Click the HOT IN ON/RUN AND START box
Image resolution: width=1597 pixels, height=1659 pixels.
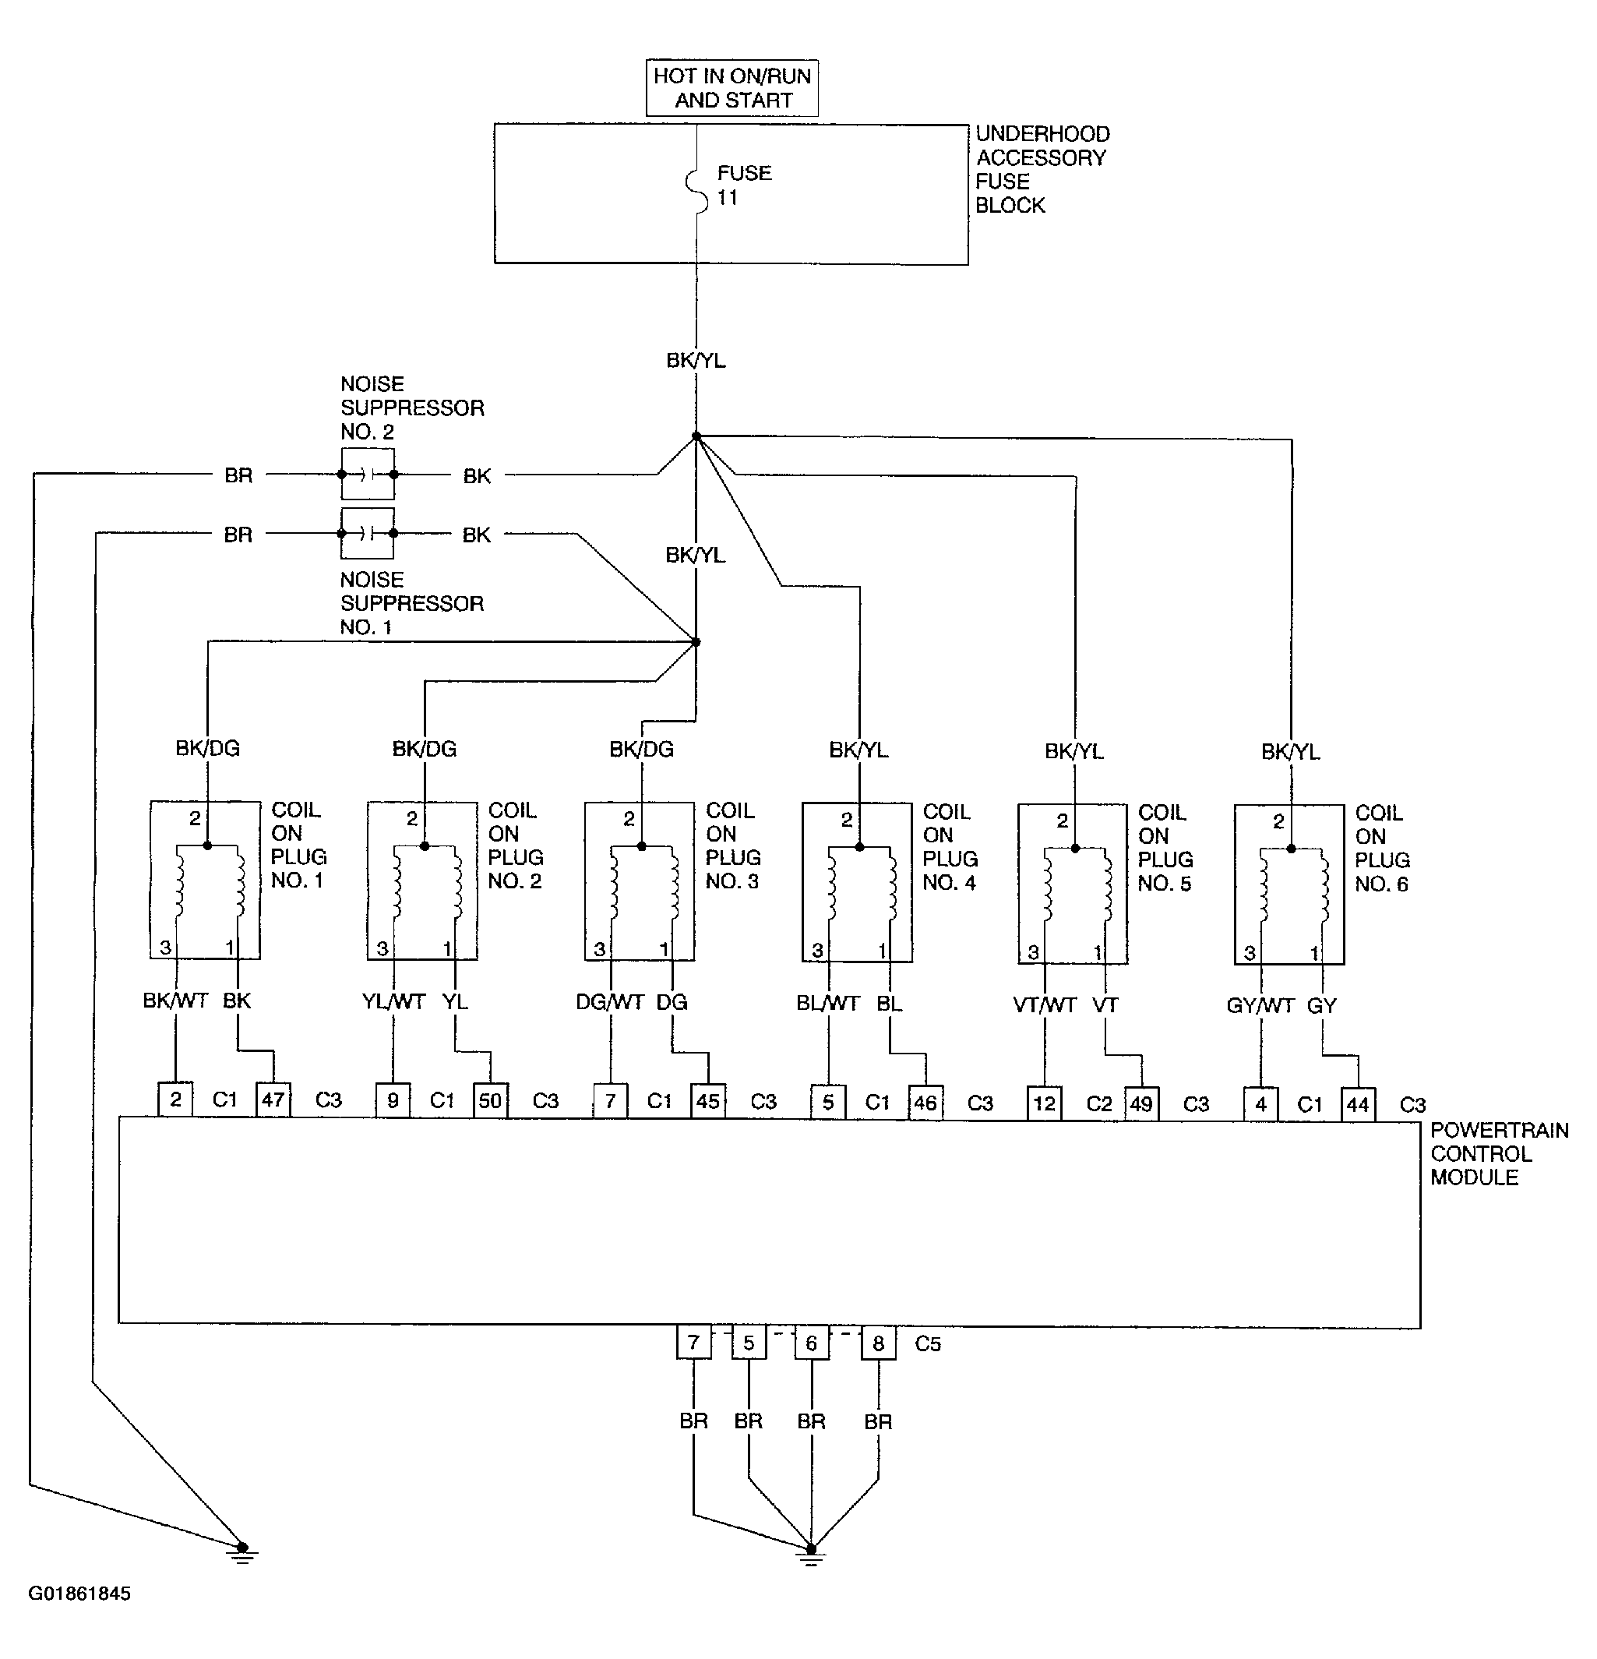(x=732, y=87)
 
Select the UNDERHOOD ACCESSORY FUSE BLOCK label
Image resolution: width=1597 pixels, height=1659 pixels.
(x=1042, y=169)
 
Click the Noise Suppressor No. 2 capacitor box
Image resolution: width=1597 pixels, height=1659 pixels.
(x=367, y=475)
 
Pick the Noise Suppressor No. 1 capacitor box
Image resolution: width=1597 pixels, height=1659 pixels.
(x=367, y=533)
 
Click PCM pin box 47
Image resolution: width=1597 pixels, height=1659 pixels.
(x=273, y=1100)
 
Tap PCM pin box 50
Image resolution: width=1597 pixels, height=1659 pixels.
(x=490, y=1100)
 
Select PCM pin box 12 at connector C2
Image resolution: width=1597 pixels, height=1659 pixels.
(x=1045, y=1103)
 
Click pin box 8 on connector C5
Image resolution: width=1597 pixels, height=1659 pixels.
(x=878, y=1343)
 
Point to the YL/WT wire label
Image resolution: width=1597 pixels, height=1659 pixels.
(x=393, y=1001)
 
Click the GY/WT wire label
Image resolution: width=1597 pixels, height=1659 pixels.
(x=1260, y=1005)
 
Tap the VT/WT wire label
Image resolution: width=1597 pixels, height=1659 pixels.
(x=1045, y=1004)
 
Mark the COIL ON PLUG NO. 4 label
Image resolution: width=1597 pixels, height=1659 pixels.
(x=950, y=846)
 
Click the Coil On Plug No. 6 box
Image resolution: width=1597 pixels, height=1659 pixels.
(x=1289, y=884)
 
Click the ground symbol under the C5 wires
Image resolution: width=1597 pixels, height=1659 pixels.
(x=811, y=1554)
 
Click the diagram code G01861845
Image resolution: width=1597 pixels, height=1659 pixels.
(x=79, y=1593)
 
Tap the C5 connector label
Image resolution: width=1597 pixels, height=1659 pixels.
(x=928, y=1343)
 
